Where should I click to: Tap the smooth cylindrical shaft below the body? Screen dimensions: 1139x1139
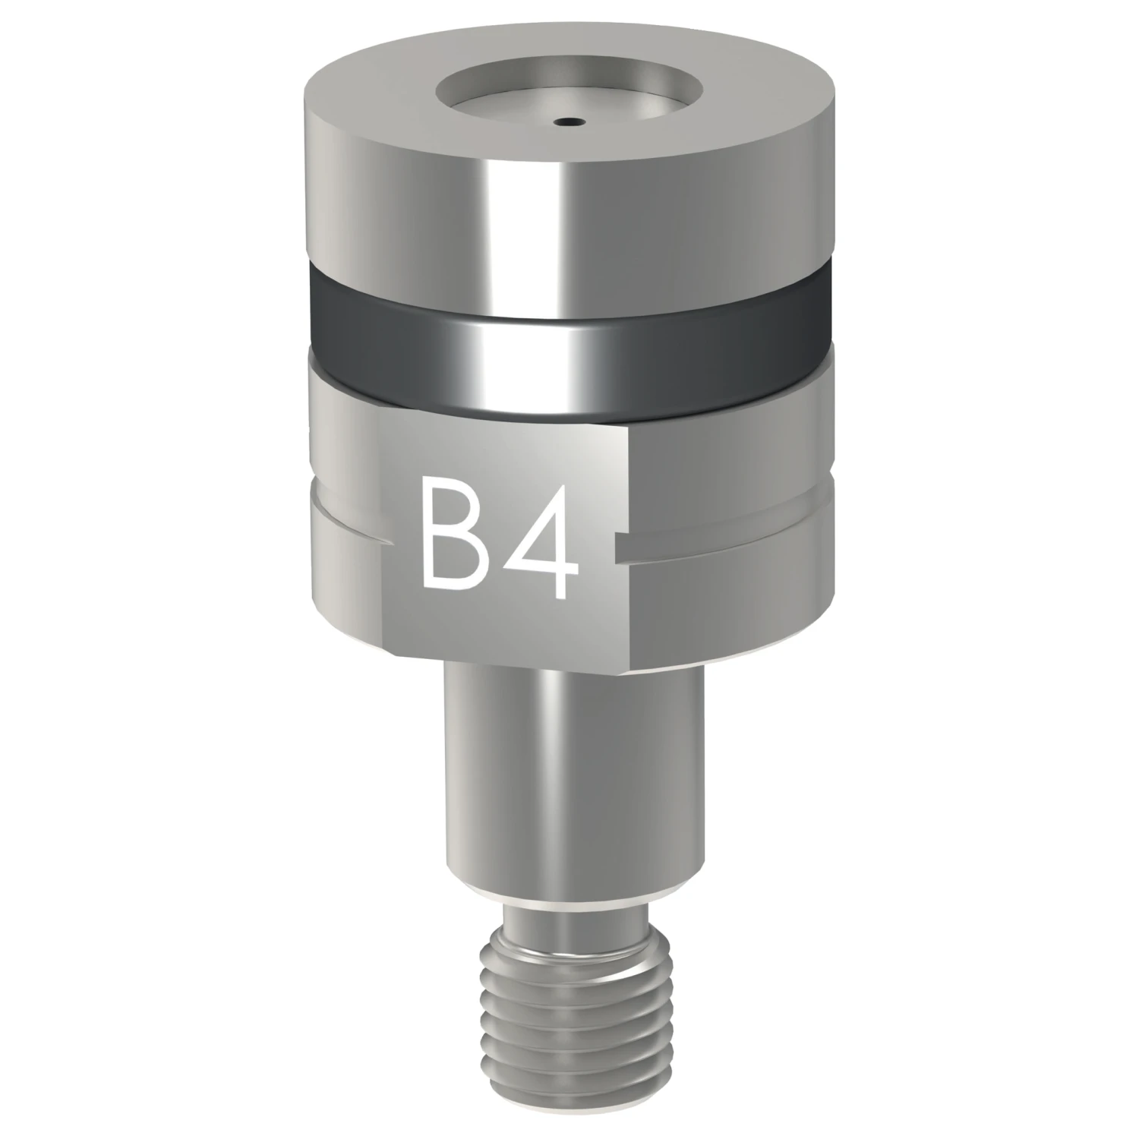(x=572, y=782)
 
